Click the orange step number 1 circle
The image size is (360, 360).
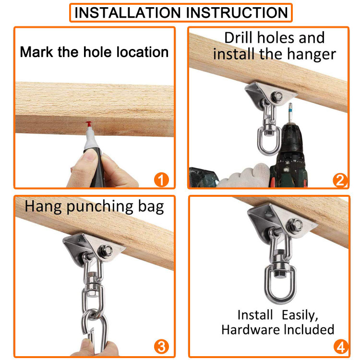coord(161,180)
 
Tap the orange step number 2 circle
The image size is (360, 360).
coord(340,180)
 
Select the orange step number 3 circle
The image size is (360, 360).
coord(161,347)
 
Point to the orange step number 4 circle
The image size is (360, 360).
coord(341,347)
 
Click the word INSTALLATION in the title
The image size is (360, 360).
coord(128,12)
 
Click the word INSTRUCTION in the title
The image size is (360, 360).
coord(237,12)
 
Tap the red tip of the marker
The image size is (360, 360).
coord(89,124)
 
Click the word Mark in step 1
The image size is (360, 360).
coord(37,52)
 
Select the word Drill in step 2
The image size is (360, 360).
coord(239,37)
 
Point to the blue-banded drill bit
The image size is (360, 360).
coord(290,113)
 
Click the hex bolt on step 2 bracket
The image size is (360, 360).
coord(276,96)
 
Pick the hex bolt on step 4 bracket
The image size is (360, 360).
coord(295,225)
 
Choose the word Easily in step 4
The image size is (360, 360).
coord(300,315)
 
